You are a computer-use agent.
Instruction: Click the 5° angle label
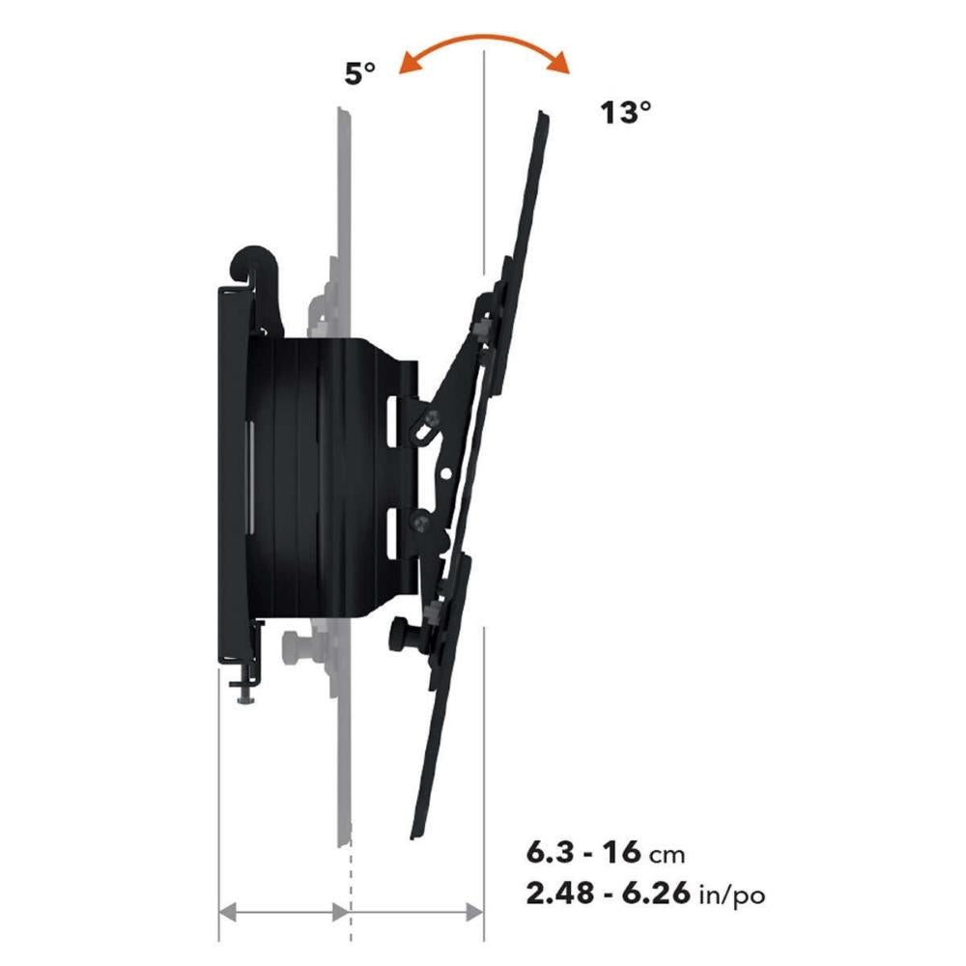coord(359,74)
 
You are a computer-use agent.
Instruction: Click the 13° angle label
coord(626,113)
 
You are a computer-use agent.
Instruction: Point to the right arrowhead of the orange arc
coord(559,64)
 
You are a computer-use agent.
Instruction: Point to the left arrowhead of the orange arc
coord(409,62)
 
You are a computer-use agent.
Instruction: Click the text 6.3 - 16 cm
coord(606,853)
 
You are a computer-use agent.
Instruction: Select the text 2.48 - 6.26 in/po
coord(645,894)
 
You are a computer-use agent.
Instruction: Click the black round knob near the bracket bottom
coord(404,636)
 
